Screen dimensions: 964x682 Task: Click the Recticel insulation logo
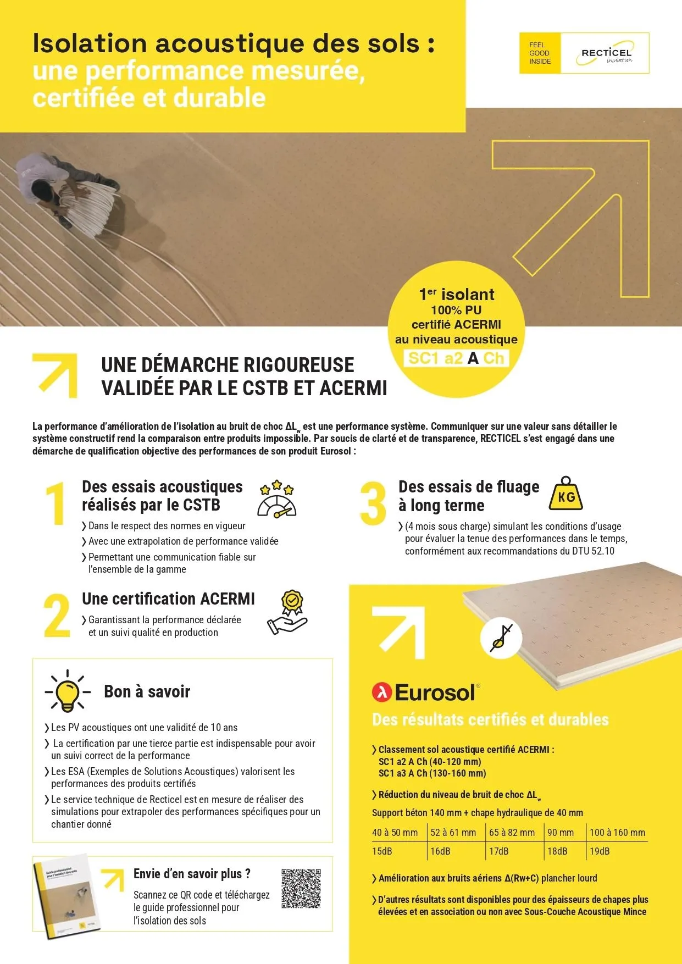606,53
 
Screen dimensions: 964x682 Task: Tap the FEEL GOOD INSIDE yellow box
540,53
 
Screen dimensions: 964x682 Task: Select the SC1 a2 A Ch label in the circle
456,358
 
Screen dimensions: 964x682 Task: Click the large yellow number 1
56,503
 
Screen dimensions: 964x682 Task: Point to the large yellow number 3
373,503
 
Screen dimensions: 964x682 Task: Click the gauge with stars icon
276,498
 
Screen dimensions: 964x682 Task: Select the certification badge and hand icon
287,613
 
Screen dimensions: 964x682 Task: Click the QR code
301,888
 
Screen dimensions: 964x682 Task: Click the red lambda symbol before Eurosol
381,692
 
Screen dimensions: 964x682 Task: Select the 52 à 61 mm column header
453,833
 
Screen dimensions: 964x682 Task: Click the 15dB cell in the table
382,851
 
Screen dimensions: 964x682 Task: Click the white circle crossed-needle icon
501,639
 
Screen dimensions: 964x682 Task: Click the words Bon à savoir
147,691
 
